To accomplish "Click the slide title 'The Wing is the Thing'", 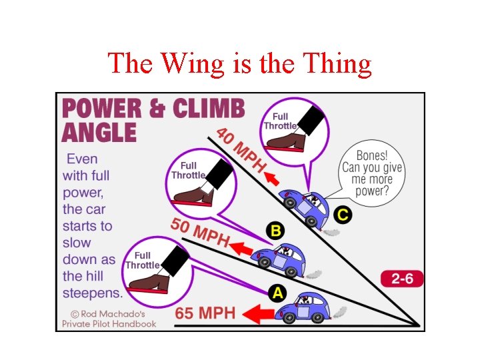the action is pyautogui.click(x=239, y=64).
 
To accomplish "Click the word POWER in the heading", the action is pyautogui.click(x=101, y=109).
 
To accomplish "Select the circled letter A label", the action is pyautogui.click(x=276, y=293).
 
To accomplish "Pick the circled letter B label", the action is pyautogui.click(x=275, y=231).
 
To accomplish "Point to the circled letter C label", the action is pyautogui.click(x=343, y=215).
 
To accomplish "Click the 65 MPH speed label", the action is pyautogui.click(x=205, y=313).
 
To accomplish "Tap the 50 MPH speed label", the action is pyautogui.click(x=199, y=232).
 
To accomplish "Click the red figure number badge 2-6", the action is pyautogui.click(x=402, y=279).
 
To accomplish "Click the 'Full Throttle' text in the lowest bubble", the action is pyautogui.click(x=142, y=260).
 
